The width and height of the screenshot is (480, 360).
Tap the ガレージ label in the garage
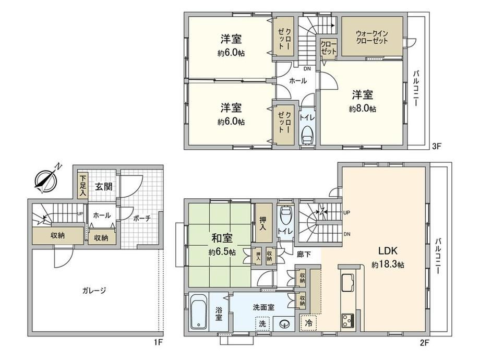coord(94,290)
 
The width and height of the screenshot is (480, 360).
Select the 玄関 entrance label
coord(103,186)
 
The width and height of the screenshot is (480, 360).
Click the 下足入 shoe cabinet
coord(82,186)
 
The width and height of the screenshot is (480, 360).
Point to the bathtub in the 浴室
coord(199,311)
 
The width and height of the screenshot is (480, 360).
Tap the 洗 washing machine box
coord(262,323)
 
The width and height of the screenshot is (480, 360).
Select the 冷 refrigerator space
coord(308,322)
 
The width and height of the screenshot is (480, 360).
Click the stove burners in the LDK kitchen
coord(348,321)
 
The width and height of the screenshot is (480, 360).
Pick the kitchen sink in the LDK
coord(348,283)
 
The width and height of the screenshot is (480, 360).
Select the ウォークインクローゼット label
coord(372,37)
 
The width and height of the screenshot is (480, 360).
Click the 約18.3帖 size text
coord(388,265)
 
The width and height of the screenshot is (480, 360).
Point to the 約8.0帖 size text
coord(363,109)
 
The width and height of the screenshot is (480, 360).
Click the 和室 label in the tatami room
coord(222,238)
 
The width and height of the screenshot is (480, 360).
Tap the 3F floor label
coord(436,146)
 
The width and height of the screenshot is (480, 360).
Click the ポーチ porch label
coord(142,218)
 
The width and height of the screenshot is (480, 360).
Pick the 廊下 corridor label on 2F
coord(304,255)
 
